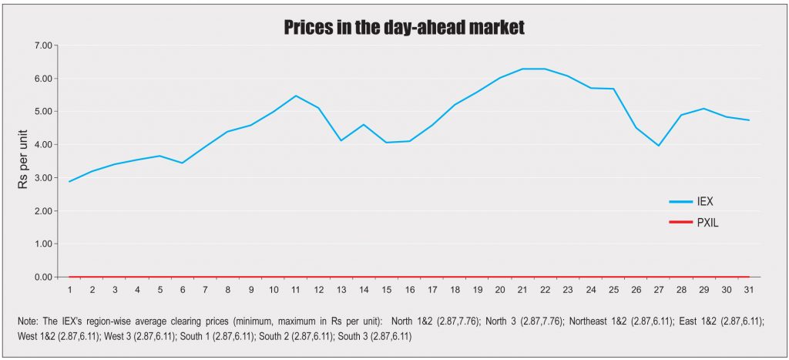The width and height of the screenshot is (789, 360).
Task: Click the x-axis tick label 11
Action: point(296,290)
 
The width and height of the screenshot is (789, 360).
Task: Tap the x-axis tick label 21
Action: point(522,290)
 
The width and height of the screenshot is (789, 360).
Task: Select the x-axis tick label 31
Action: point(749,290)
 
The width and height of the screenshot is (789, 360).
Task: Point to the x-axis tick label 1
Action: point(69,290)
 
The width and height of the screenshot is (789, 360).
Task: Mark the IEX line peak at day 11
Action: point(296,96)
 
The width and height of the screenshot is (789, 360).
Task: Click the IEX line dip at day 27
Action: point(658,146)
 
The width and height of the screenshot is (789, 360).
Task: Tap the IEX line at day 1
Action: point(69,181)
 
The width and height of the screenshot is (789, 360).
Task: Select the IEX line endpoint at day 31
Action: point(749,120)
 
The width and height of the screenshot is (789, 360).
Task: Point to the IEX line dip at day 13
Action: point(341,140)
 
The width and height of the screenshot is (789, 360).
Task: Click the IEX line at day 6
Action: point(183,163)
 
